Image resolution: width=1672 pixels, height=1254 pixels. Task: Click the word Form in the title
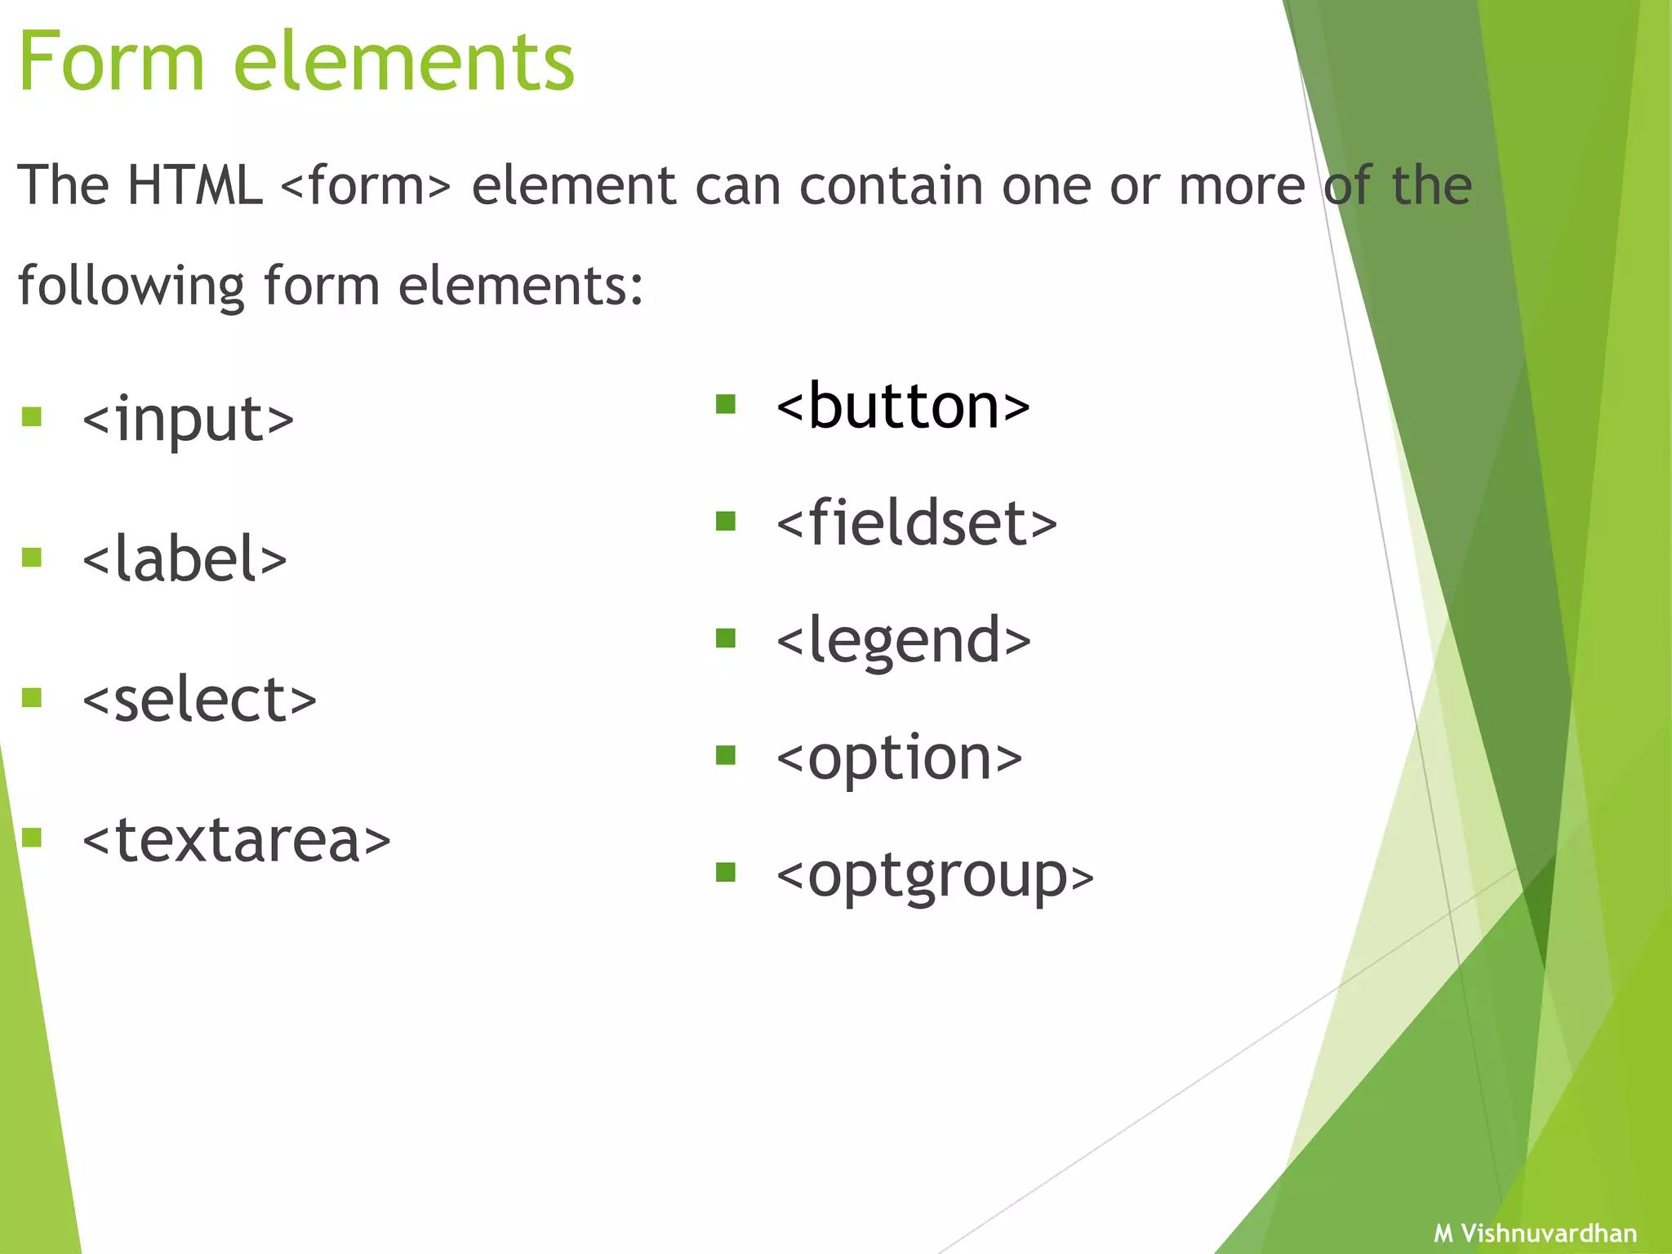111,62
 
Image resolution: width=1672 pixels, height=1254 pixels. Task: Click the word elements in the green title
404,62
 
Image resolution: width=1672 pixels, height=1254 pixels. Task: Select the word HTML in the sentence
194,185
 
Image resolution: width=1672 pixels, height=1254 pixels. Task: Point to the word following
131,287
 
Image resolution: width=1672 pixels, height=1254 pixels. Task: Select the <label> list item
185,559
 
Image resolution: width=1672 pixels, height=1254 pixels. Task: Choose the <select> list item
199,700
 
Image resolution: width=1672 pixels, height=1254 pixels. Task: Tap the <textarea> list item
237,840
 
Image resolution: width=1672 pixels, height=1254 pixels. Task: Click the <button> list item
903,407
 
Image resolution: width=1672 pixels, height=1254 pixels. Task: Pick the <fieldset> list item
917,523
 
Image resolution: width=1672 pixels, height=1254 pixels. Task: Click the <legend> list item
904,641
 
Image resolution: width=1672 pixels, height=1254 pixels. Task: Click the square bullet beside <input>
32,417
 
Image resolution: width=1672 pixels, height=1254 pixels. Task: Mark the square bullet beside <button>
725,404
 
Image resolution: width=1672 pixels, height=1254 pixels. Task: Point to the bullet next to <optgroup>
725,873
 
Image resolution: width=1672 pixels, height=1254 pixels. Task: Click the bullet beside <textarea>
32,838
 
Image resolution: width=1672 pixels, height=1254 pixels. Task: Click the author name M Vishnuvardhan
1535,1233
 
